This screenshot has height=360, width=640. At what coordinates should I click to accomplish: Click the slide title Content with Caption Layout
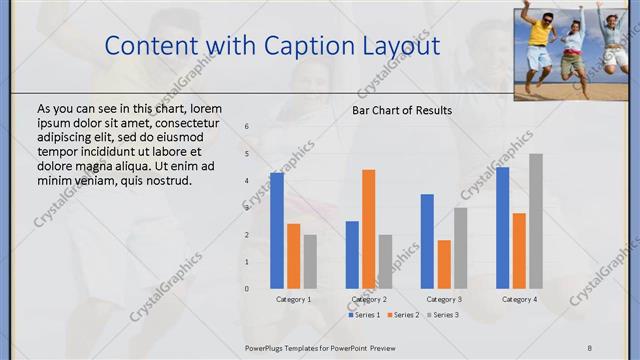click(271, 45)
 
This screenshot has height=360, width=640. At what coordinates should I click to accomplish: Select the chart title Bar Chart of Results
click(402, 110)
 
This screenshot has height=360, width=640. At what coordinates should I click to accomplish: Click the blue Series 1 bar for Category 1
click(277, 231)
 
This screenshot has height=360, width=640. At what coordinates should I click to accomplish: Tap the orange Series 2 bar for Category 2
click(369, 229)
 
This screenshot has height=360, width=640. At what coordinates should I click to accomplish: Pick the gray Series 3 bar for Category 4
click(536, 221)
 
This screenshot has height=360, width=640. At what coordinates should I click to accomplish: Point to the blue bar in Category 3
click(427, 241)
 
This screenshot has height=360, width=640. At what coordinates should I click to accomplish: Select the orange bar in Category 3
click(444, 264)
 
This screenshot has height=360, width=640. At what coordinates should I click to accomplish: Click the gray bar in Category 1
click(310, 261)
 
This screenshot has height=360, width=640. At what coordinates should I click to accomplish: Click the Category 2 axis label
click(369, 299)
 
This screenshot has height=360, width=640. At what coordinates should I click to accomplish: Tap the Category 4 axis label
click(519, 299)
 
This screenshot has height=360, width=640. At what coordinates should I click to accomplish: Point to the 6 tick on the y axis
click(247, 127)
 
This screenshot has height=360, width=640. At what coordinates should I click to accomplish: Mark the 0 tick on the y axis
click(247, 289)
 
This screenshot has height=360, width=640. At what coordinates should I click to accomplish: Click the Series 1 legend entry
click(364, 315)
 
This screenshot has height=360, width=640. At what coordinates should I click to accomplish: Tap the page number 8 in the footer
click(589, 347)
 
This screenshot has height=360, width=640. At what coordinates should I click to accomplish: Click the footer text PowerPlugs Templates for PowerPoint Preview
click(320, 347)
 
